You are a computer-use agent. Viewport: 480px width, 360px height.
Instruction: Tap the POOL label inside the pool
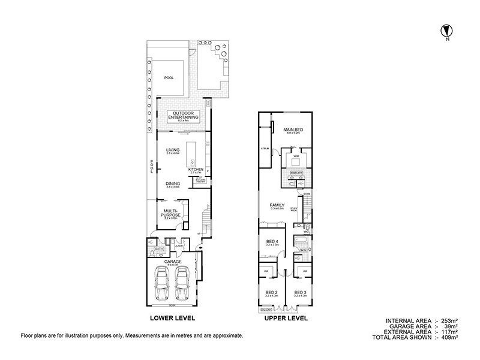click(169, 77)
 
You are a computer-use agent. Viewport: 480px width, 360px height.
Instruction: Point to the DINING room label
click(173, 185)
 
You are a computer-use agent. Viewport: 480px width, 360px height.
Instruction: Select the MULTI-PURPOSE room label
click(173, 212)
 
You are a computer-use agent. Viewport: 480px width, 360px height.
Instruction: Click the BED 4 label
click(272, 241)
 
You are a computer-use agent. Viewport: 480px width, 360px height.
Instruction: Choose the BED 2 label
click(271, 292)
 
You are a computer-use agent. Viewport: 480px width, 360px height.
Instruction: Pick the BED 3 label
click(300, 292)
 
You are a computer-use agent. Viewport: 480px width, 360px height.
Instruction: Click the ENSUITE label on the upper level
click(296, 173)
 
